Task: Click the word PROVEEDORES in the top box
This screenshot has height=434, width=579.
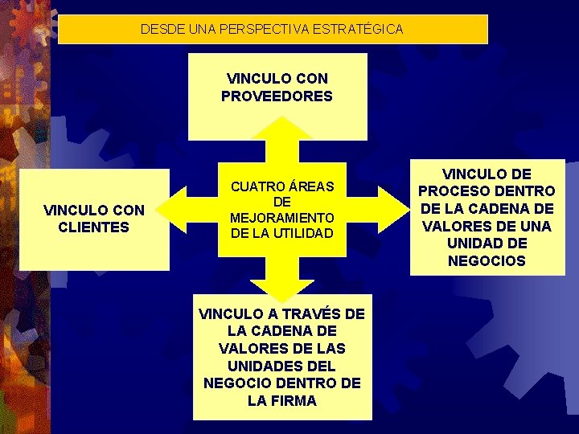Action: point(277,96)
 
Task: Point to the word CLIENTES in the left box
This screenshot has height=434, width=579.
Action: point(94,227)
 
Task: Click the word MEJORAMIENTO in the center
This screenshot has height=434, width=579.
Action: point(281,218)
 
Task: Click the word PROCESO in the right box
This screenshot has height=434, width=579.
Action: point(454,191)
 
